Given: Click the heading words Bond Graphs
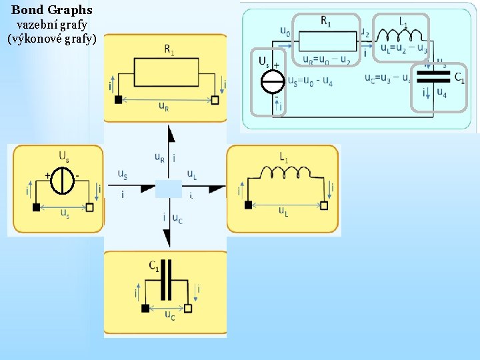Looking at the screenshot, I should pos(52,10).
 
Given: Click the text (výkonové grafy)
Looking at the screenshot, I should pos(52,39).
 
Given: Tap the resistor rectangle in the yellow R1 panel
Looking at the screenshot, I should pos(167,72).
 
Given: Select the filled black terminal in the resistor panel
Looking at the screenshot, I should pos(119,100).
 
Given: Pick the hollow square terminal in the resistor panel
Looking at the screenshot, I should pos(215,100).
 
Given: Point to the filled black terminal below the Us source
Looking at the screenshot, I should pos(37,207).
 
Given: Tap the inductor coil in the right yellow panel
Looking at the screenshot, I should pos(287,174).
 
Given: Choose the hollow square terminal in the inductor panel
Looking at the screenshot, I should pos(324,205).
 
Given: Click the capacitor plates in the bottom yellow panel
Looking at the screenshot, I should pos(167,280).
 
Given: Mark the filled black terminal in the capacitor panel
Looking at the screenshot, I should pos(145,308).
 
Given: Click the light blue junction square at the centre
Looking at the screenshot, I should pos(169,189).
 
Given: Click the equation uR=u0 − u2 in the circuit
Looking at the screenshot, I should pos(327,59).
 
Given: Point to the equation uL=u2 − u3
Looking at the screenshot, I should pos(404,48).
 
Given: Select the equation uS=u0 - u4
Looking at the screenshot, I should pos(311,81).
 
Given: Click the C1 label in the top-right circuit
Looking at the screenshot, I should pos(459,77).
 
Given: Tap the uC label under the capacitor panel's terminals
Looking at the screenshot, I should pos(170,315).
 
